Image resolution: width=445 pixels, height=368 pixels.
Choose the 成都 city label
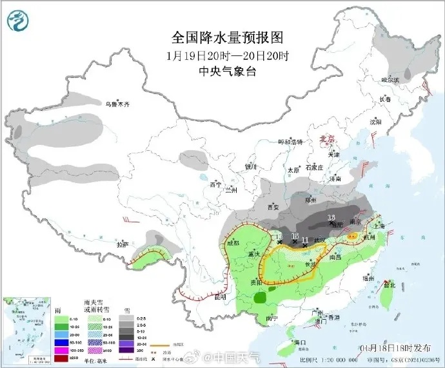tap(233, 244)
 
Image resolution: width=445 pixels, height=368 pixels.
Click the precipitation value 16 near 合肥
tap(332, 218)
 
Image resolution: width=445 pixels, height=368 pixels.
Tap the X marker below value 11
tap(304, 246)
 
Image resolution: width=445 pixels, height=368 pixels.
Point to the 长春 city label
tap(385, 100)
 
